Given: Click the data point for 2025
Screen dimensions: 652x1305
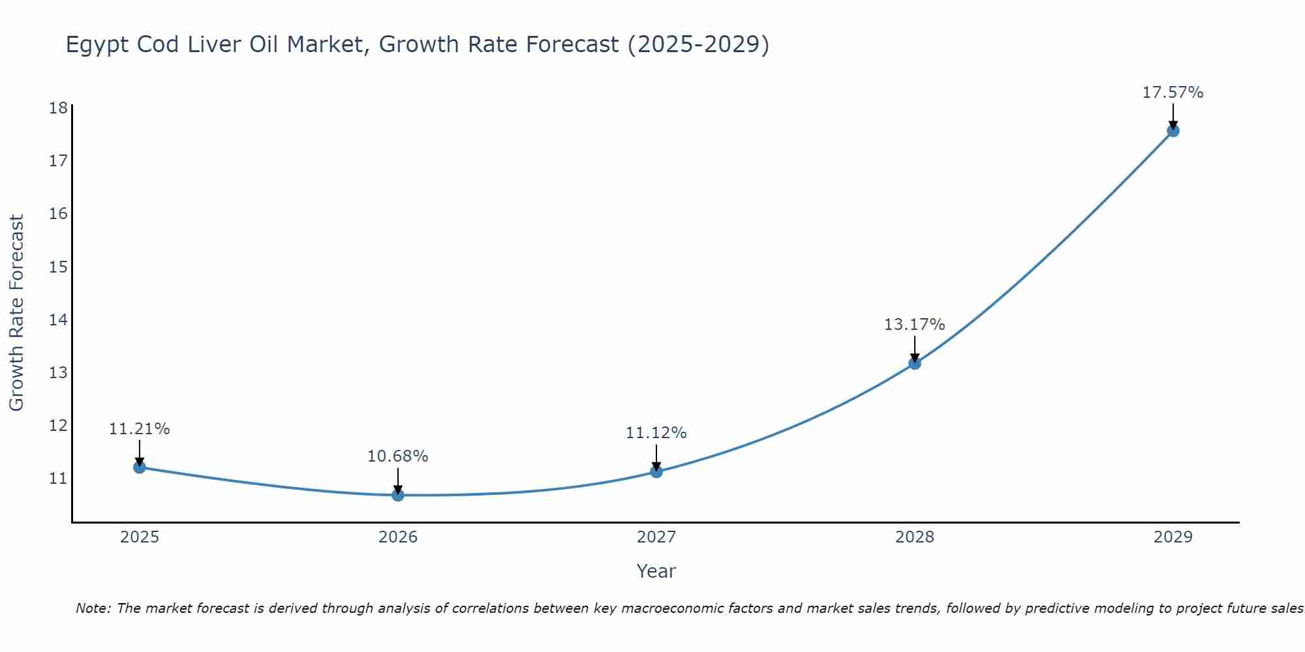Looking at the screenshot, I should point(139,467).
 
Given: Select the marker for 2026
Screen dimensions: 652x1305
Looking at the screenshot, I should point(398,495).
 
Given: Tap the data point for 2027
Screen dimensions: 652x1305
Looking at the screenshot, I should point(656,471).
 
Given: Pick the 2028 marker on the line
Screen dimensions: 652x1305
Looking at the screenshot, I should point(915,363).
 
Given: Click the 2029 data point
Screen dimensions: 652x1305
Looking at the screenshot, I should point(1173,130).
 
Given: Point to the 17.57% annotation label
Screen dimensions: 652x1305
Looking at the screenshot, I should point(1173,93).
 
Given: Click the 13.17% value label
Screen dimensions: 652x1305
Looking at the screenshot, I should point(914,325).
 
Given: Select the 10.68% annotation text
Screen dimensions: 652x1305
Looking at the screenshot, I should point(397,456).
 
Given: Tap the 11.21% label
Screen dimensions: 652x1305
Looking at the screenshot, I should point(139,429).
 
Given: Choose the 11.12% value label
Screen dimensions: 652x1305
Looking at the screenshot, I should point(656,433).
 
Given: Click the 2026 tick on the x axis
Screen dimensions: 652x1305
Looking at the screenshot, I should point(398,537).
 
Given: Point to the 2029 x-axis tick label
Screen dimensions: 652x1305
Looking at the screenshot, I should point(1173,537).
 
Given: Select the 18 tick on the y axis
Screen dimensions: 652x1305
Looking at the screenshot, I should point(58,108).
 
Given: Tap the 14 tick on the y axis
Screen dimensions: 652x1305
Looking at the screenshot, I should point(58,319).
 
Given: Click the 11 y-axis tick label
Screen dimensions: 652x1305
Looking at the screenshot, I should point(58,479).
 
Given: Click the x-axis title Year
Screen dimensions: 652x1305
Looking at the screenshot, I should point(656,571).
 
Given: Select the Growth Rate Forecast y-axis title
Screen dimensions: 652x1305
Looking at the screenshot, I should point(16,313).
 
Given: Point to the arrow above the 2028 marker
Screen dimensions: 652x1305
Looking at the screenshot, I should point(915,349).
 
